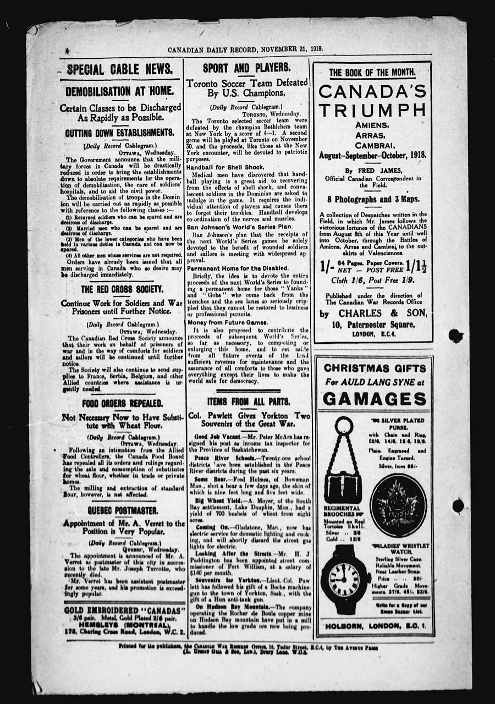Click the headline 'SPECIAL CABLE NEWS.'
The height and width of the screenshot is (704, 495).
click(120, 69)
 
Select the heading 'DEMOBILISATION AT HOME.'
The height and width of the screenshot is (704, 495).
click(120, 91)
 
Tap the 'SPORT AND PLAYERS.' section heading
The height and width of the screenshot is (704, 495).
click(246, 68)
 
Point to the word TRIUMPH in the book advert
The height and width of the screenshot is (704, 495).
click(372, 110)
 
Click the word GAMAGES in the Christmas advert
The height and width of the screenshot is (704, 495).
click(375, 398)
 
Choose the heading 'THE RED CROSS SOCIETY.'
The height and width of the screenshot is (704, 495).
click(122, 289)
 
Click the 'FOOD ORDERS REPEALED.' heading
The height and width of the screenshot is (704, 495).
click(122, 404)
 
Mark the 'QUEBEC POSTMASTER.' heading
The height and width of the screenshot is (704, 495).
click(122, 510)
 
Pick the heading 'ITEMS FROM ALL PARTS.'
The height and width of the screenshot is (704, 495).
click(248, 402)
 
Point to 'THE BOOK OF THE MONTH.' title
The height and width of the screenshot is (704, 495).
click(372, 73)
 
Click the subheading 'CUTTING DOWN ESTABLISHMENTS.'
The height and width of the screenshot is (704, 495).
click(120, 133)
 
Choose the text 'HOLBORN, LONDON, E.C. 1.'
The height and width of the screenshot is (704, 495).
click(375, 626)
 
